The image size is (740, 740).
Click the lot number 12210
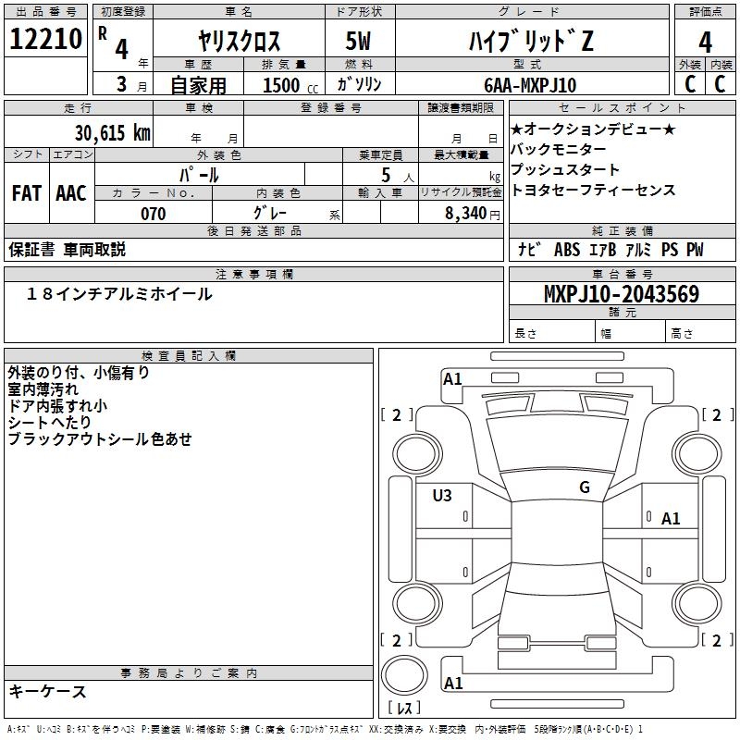click(x=47, y=40)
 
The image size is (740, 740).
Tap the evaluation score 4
click(x=705, y=42)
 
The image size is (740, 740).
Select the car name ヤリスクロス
click(x=239, y=42)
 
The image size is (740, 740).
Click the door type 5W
click(x=361, y=42)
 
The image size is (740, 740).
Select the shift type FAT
click(x=27, y=192)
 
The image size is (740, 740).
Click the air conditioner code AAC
click(x=71, y=192)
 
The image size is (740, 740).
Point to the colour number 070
click(x=153, y=214)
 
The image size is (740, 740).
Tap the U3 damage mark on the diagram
click(x=442, y=496)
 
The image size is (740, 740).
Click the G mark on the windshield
click(x=584, y=487)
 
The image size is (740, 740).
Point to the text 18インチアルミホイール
click(x=119, y=294)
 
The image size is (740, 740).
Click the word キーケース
click(x=48, y=691)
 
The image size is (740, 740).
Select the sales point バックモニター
click(x=559, y=150)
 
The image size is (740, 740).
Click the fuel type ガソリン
click(x=360, y=85)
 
